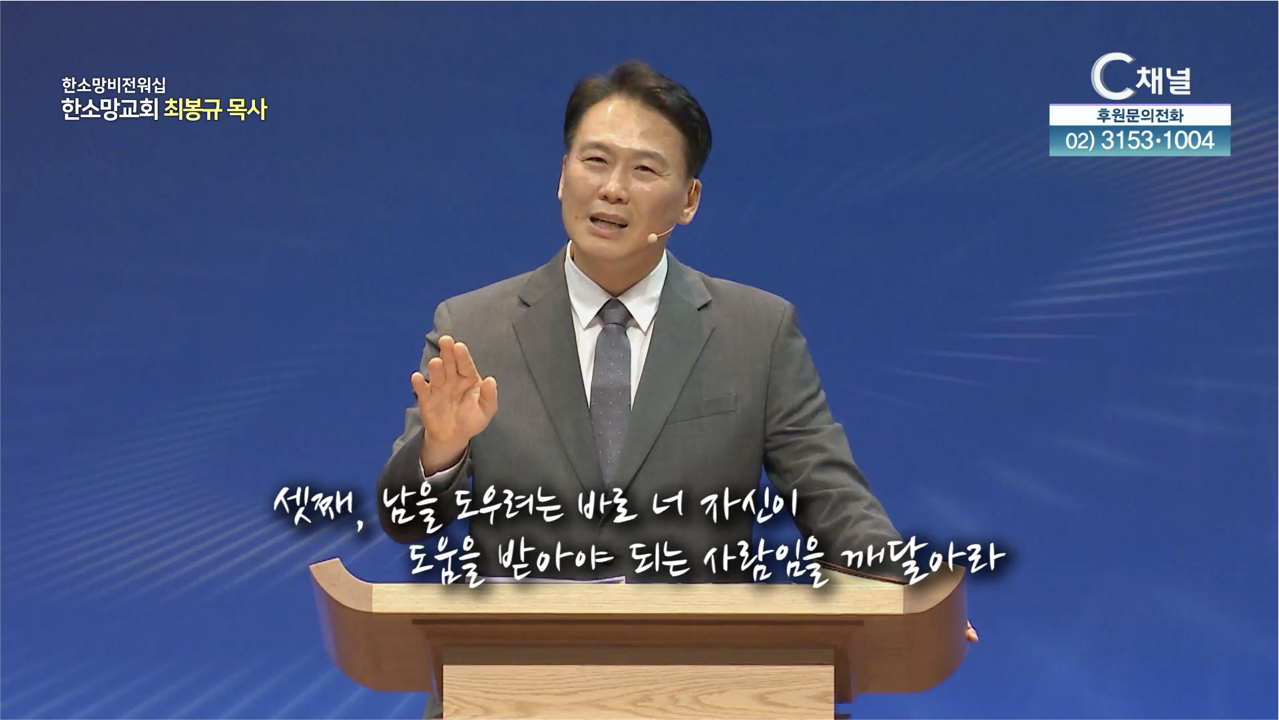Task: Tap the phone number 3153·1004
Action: pos(1158,141)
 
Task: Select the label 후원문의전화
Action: pos(1140,116)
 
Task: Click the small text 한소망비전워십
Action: pos(114,85)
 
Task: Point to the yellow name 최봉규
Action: pos(192,109)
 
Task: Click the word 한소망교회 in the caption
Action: pos(109,109)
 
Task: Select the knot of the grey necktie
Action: pos(614,313)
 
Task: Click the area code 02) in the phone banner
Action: pos(1081,141)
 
